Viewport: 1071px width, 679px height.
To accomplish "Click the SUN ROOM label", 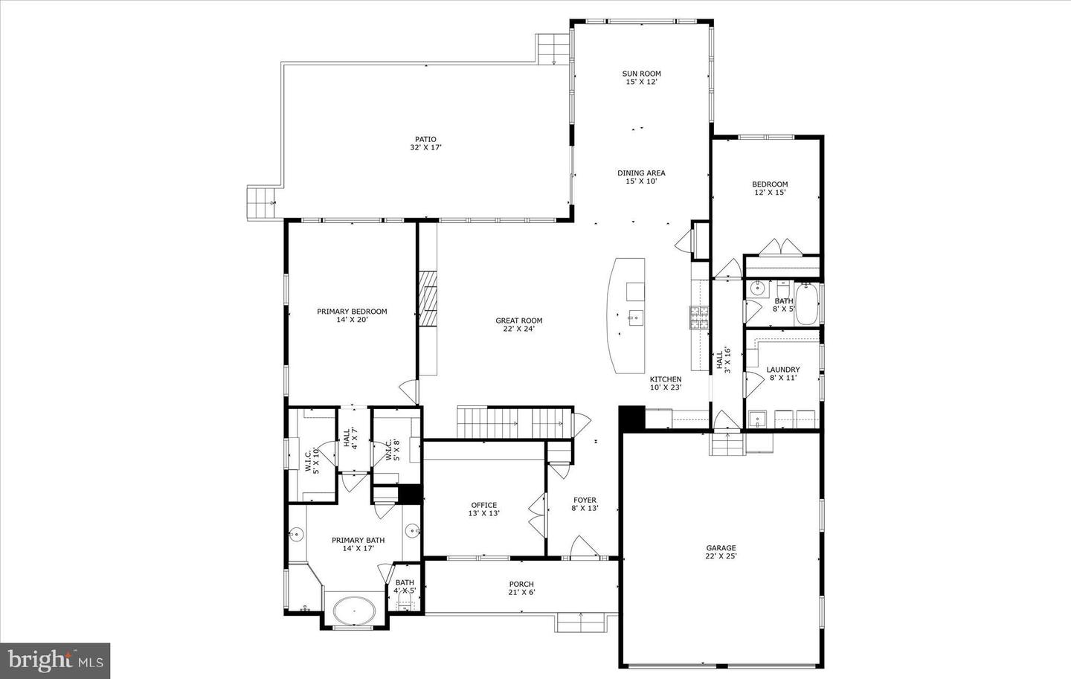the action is point(641,74).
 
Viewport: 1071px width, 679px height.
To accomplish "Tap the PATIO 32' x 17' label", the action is point(425,144).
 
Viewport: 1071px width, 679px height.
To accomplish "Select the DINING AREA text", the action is point(641,173).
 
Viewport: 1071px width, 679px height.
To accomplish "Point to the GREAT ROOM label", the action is point(519,321).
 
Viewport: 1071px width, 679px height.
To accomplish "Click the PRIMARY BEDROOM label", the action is point(352,312).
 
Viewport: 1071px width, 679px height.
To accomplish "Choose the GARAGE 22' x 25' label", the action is point(721,552).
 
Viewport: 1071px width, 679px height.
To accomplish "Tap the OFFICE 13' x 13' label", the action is point(484,509).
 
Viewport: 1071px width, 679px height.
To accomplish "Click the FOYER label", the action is point(585,501).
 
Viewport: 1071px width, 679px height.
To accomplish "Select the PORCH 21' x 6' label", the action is point(521,588).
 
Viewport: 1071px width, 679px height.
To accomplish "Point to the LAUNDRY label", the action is point(782,370).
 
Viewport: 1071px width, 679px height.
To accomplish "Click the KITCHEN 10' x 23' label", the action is point(666,383).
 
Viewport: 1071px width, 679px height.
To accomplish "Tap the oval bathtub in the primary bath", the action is point(354,611).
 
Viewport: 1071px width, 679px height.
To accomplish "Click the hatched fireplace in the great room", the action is point(428,299).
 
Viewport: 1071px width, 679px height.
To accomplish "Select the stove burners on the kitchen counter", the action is point(698,318).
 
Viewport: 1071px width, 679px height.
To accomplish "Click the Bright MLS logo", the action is point(55,661).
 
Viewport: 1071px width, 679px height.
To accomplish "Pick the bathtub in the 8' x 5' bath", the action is point(807,303).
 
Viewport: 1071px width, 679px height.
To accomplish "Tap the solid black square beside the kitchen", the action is point(632,418).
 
